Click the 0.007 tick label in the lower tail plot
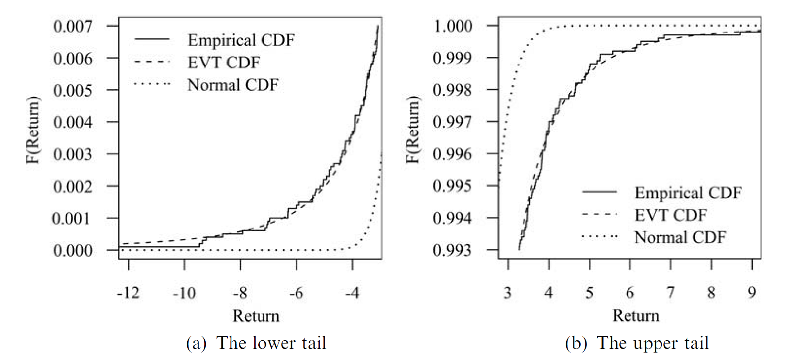pos(72,26)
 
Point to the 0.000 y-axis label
pos(72,251)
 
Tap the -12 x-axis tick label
pos(128,293)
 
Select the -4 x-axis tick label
pos(352,293)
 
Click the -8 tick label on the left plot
pos(240,293)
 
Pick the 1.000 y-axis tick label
pos(453,26)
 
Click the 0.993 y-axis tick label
pos(453,250)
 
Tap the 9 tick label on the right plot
pos(751,293)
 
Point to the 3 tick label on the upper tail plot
pos(508,293)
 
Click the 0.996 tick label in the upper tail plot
pos(453,154)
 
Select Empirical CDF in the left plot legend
pos(241,40)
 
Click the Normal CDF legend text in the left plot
pos(233,85)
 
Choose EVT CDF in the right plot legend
pos(670,215)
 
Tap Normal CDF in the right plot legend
pos(680,237)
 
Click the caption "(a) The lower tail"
pos(256,343)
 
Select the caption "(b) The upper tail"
pos(637,343)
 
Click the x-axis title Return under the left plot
pos(256,316)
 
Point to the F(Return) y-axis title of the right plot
pos(412,129)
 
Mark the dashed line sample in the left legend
pos(152,62)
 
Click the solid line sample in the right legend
pos(599,192)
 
